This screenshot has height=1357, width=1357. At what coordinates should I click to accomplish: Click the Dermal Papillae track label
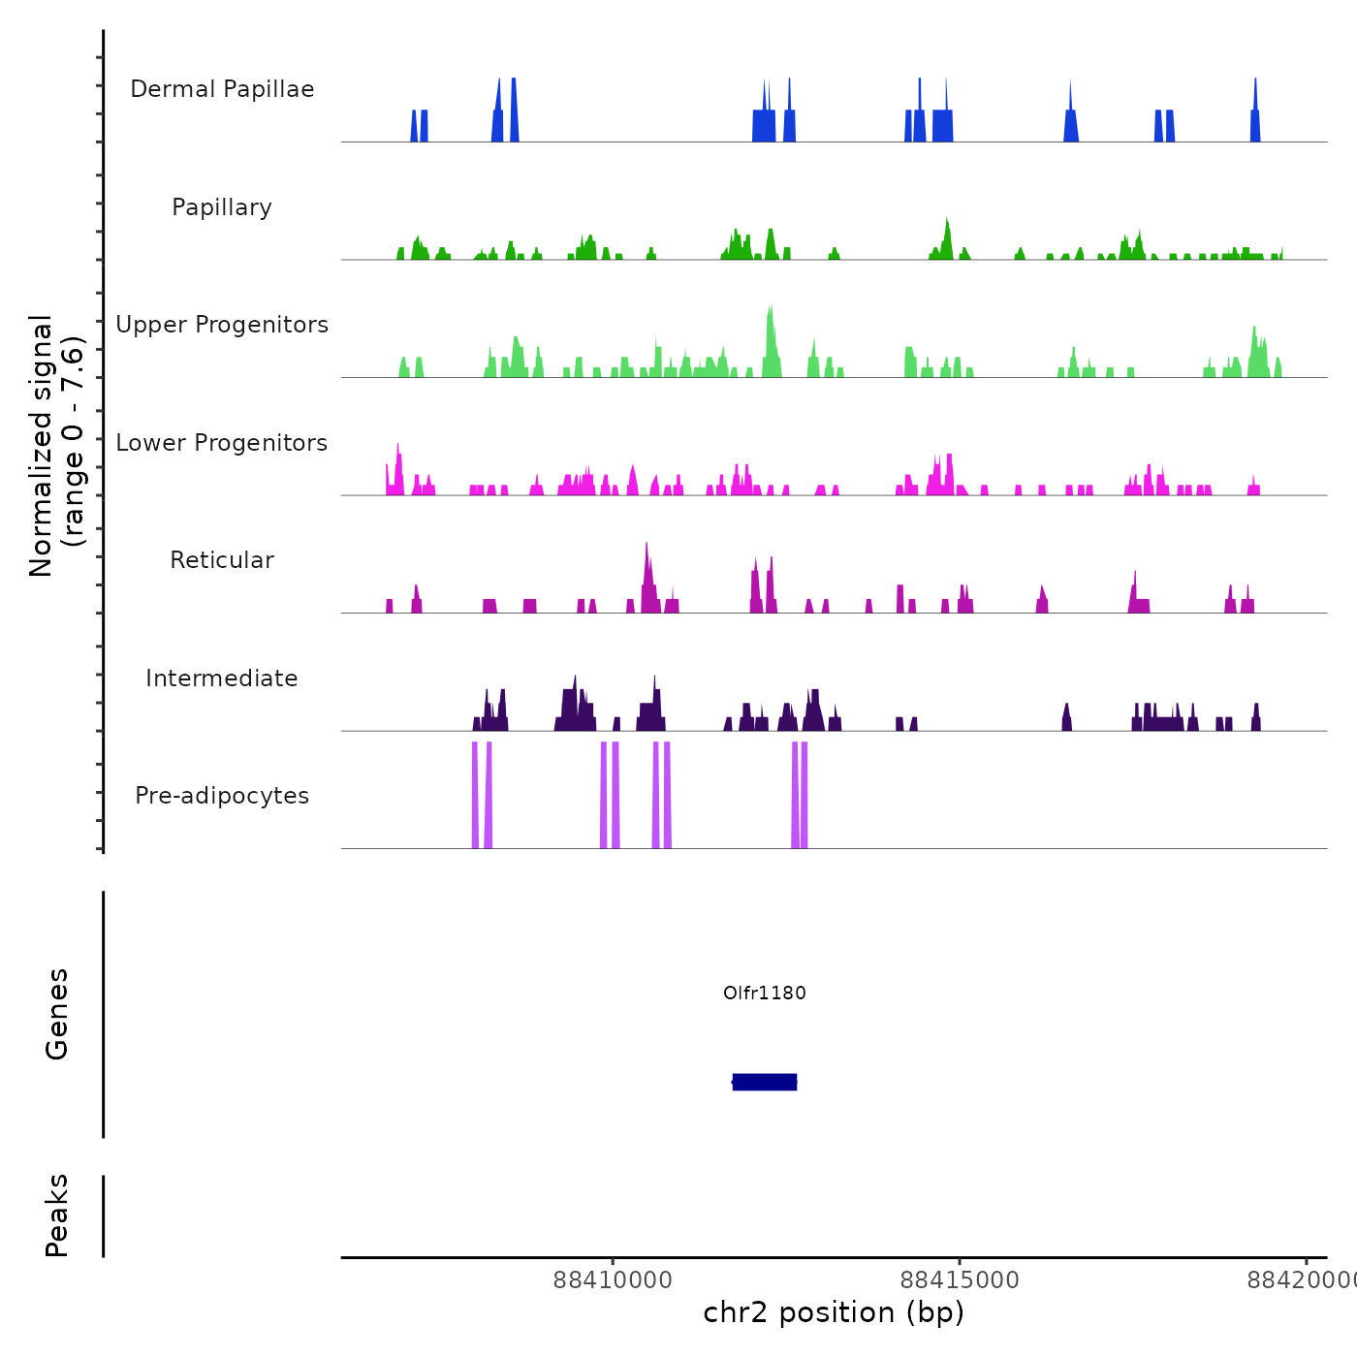click(x=222, y=89)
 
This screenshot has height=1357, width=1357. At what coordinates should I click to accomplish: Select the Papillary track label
click(x=222, y=207)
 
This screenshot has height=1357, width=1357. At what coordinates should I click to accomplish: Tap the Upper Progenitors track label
click(x=222, y=325)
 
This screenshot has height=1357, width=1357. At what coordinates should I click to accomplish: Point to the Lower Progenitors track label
click(x=222, y=443)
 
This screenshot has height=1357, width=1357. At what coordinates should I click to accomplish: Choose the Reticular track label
click(x=222, y=560)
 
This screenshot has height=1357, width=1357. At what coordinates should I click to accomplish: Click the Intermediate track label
click(x=222, y=678)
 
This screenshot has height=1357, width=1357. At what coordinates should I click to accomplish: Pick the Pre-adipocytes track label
click(x=222, y=796)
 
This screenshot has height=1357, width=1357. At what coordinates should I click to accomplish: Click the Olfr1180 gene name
click(x=765, y=993)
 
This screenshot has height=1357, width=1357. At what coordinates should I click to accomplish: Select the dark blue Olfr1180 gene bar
click(x=765, y=1082)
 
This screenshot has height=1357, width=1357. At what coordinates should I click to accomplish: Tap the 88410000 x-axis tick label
click(x=613, y=1280)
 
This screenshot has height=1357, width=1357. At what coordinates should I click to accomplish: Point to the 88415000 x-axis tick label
click(x=960, y=1280)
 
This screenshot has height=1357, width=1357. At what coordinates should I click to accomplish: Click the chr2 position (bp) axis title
click(x=834, y=1312)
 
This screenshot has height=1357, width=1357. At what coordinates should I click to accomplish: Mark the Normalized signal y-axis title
click(x=56, y=445)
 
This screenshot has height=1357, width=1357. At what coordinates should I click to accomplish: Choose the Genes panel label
click(x=57, y=1014)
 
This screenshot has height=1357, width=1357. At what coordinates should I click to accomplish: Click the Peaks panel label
click(x=57, y=1215)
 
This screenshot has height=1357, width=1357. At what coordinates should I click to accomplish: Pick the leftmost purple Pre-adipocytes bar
click(x=475, y=795)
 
